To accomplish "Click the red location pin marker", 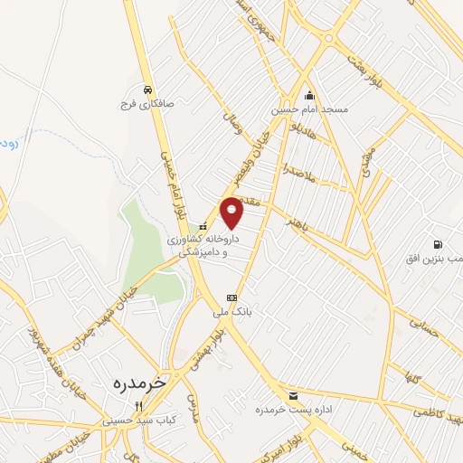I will [232, 212].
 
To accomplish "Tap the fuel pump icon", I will [439, 244].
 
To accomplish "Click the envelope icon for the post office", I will [292, 396].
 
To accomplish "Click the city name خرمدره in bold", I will [139, 383].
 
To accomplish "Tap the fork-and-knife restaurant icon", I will [137, 406].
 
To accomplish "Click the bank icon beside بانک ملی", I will [231, 298].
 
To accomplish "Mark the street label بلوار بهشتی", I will [204, 354].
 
